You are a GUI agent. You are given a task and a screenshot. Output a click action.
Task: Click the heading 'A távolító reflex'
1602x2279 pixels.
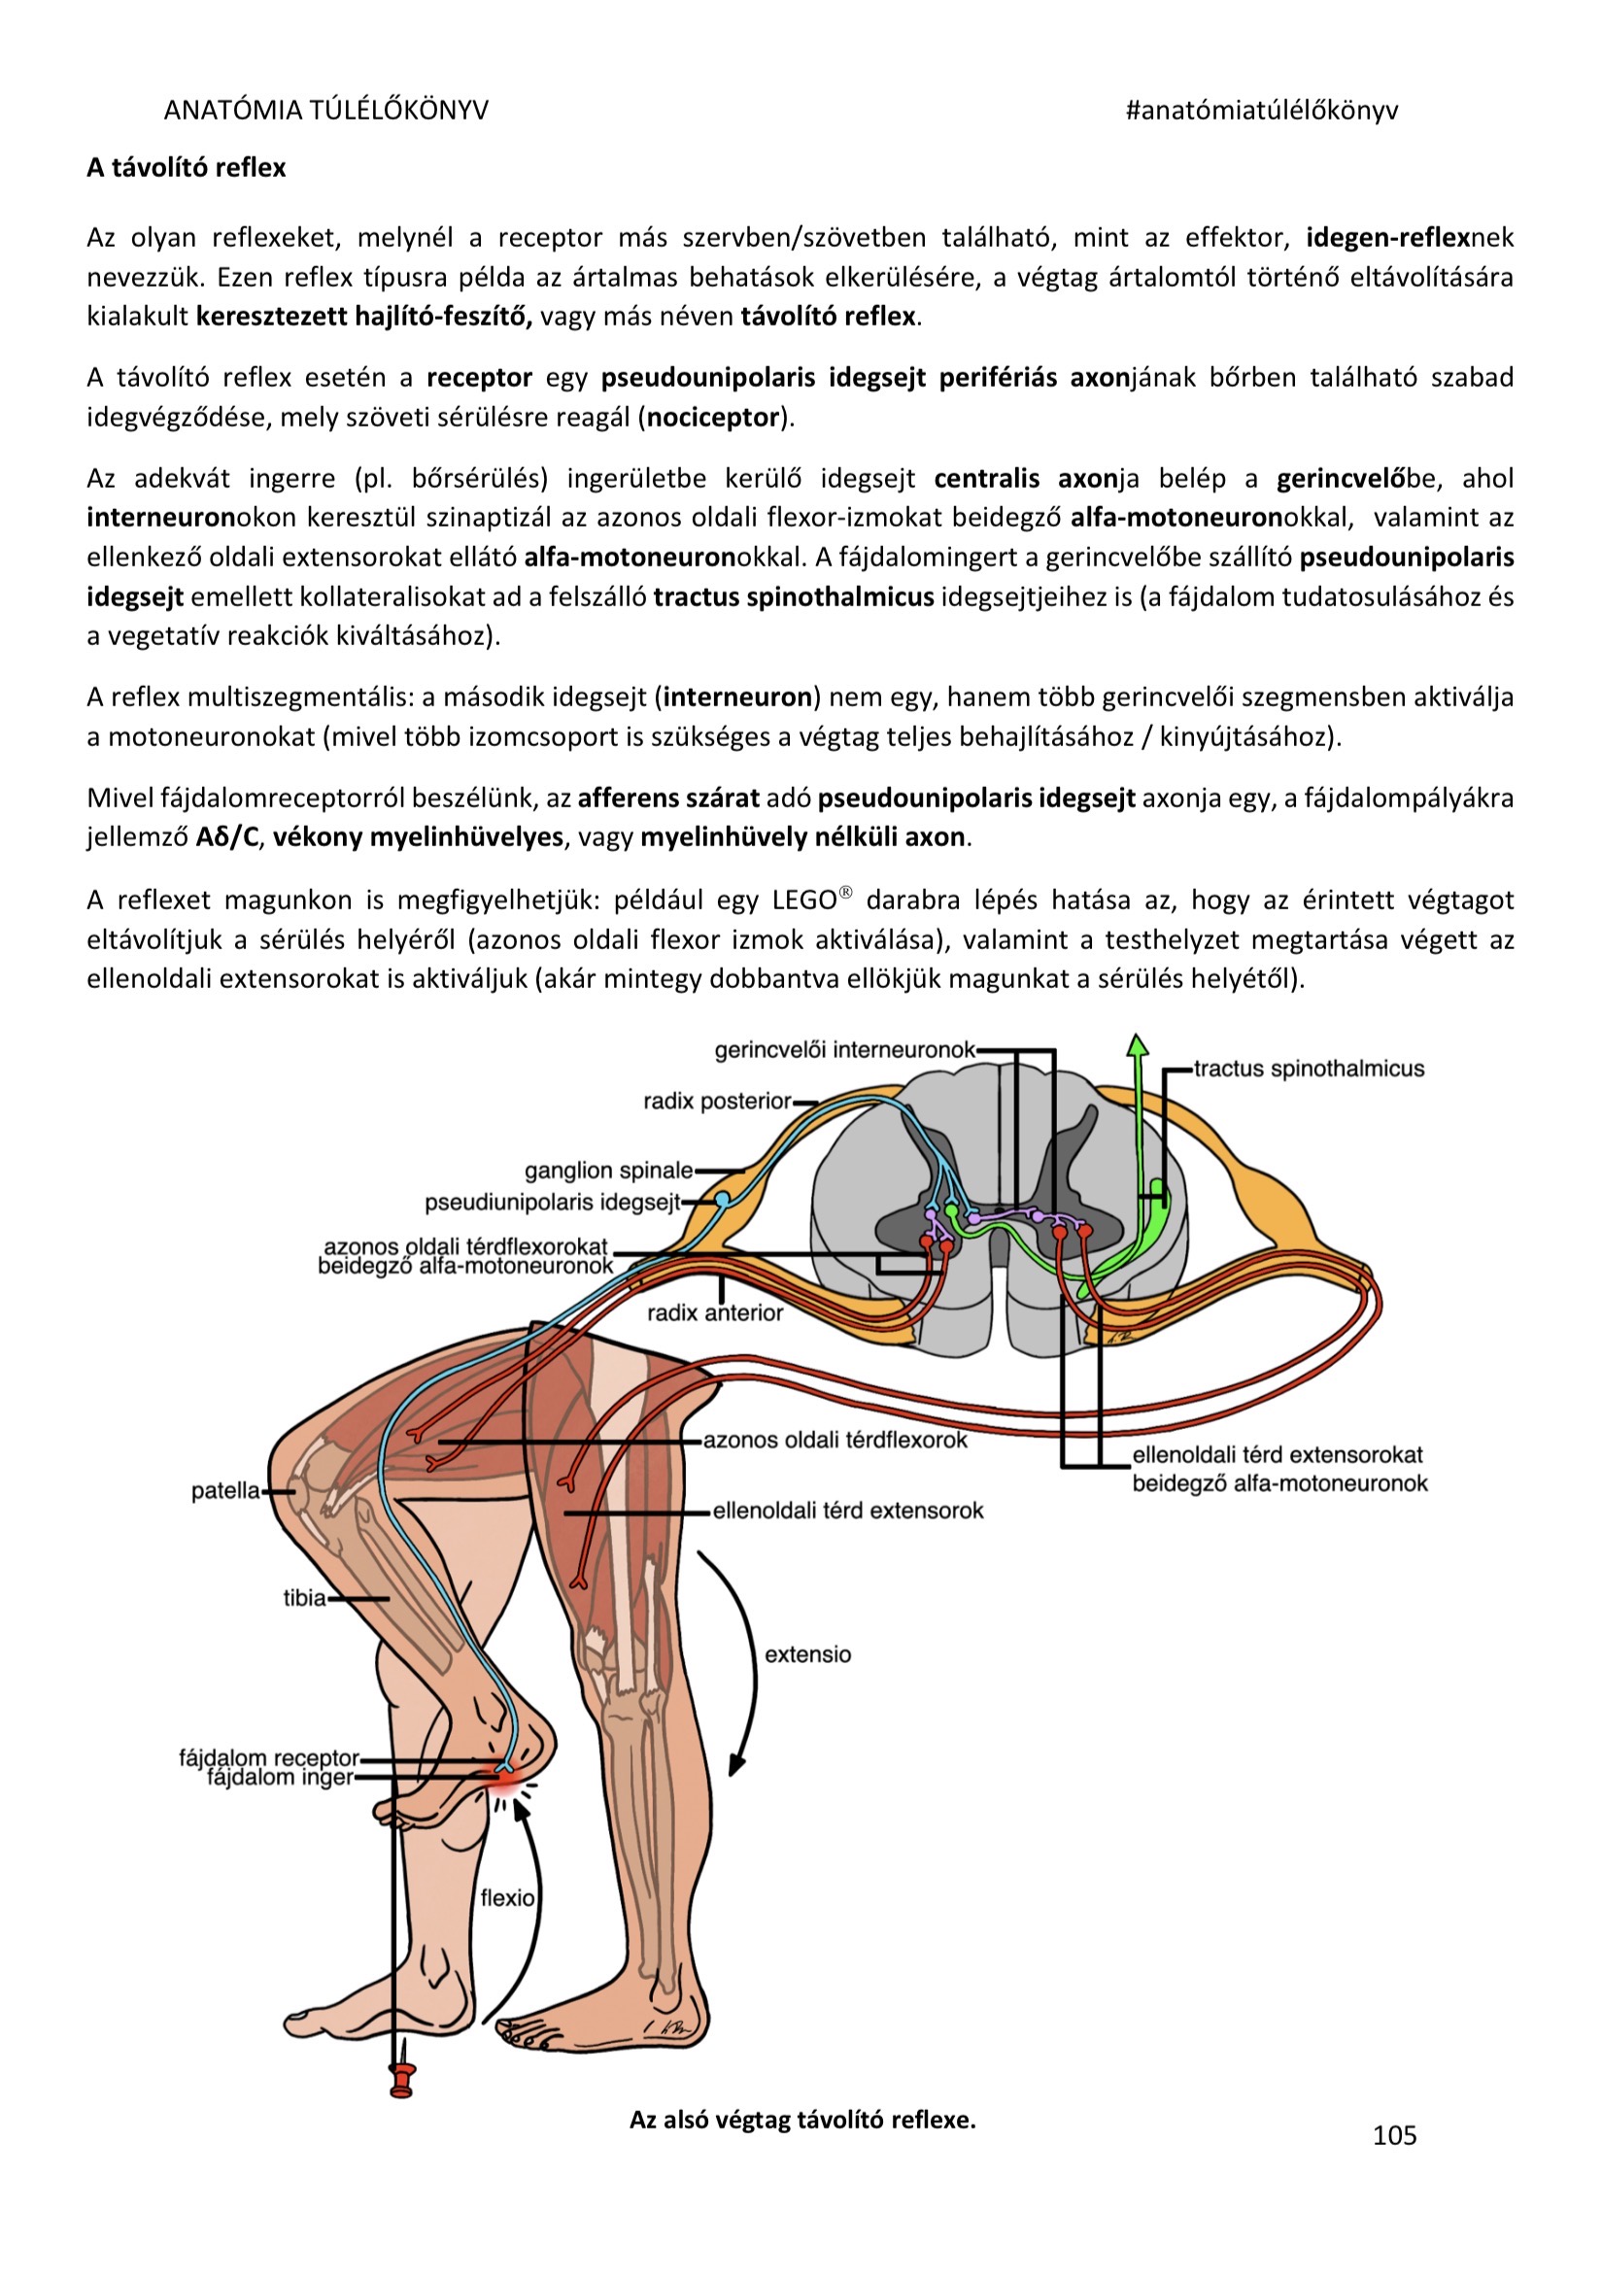[186, 168]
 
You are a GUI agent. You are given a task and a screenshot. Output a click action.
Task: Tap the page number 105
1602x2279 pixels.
[1393, 2135]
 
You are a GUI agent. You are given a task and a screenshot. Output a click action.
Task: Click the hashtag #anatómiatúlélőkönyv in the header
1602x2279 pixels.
[1262, 110]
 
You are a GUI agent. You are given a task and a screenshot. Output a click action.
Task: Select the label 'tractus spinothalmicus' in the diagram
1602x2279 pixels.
[1309, 1069]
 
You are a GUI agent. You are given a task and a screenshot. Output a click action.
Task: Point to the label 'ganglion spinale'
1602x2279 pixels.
[608, 1171]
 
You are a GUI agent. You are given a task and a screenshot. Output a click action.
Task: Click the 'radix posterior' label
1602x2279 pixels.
[717, 1101]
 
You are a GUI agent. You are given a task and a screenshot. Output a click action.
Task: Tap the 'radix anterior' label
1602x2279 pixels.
[715, 1313]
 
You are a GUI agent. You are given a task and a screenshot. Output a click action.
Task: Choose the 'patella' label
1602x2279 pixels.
[225, 1491]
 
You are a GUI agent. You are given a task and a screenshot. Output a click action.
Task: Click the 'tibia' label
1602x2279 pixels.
[305, 1598]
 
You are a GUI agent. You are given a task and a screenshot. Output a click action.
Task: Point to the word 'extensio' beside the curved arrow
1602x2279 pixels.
[808, 1654]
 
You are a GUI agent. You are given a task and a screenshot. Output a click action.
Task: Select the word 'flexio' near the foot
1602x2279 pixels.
[507, 1898]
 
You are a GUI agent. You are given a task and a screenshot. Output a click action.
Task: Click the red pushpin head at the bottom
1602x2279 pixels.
[402, 2080]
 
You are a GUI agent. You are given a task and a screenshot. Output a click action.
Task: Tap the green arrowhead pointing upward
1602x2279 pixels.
[1138, 1044]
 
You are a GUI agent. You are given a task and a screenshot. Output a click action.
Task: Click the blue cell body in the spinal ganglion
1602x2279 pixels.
[723, 1199]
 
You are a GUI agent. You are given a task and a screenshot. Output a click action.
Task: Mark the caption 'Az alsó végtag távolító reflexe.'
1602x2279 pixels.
[802, 2121]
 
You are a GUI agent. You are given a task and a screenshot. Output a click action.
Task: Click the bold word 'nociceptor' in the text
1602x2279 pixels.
[713, 417]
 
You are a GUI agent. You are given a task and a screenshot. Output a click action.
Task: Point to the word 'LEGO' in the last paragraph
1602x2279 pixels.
[804, 901]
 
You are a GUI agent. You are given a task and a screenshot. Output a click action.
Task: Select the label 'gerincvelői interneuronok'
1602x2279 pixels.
[844, 1050]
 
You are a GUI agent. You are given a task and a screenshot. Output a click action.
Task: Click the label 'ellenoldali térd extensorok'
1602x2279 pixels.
[848, 1511]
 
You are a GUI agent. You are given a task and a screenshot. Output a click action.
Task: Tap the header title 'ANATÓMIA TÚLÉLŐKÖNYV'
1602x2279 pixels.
[325, 110]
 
